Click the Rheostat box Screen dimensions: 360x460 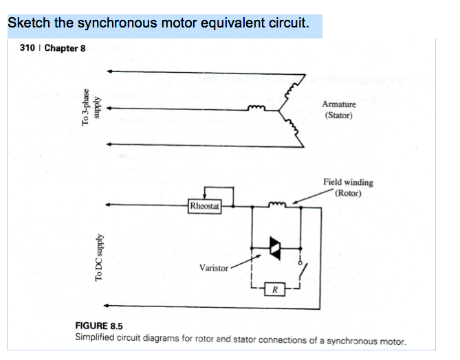(x=204, y=205)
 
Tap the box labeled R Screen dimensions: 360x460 (x=274, y=289)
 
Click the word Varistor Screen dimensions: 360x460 (x=213, y=267)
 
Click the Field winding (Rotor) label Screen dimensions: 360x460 (x=348, y=187)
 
